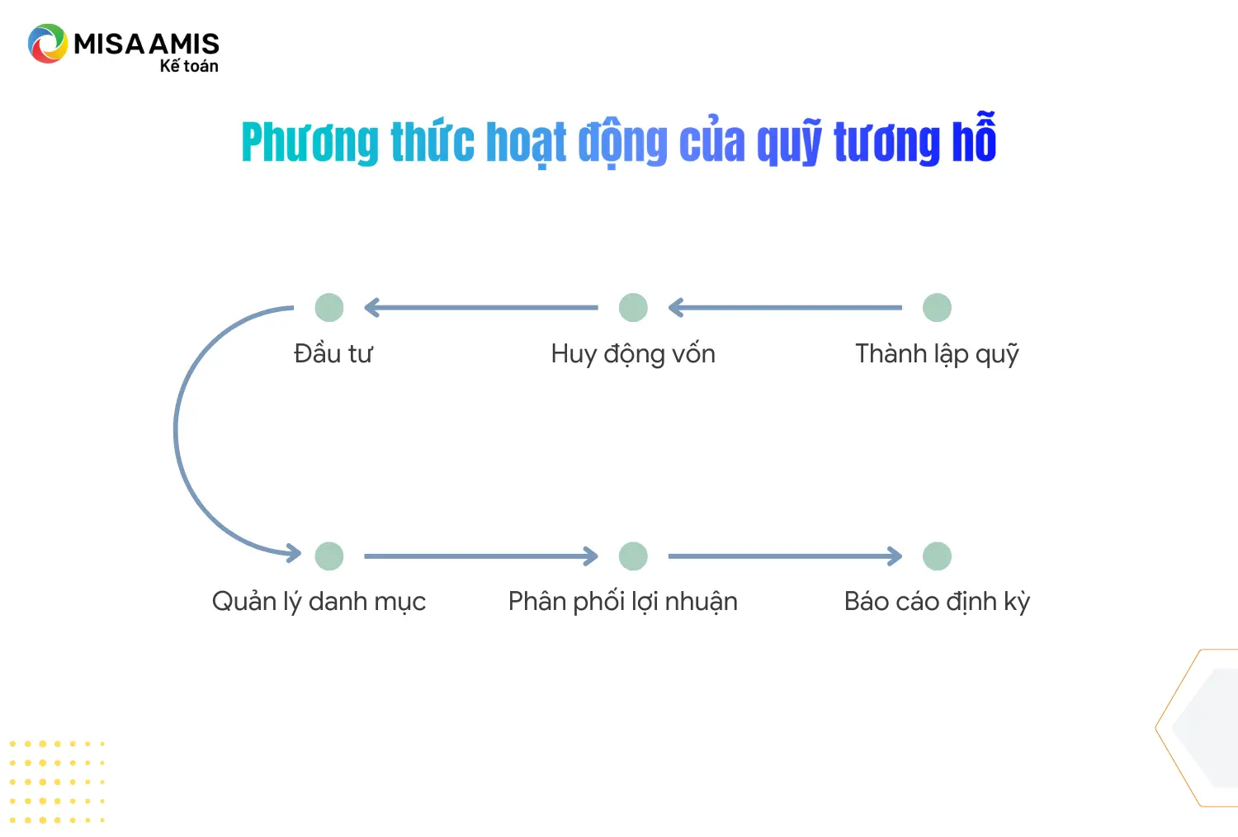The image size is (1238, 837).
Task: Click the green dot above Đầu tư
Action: click(x=329, y=308)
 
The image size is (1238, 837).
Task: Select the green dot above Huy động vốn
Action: click(x=633, y=308)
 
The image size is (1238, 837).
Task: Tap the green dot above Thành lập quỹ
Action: click(x=937, y=308)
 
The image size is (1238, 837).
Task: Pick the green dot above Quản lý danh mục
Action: click(x=329, y=556)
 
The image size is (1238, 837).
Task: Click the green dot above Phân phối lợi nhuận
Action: click(x=633, y=556)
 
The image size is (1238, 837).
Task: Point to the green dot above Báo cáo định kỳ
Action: click(x=937, y=556)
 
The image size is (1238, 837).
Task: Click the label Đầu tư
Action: click(x=333, y=354)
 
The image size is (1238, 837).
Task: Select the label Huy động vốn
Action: click(x=633, y=354)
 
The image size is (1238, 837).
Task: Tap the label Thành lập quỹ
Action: click(x=937, y=354)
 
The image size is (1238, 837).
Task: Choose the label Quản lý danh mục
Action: click(x=319, y=602)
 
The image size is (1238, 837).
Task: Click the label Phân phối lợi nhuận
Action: click(x=622, y=602)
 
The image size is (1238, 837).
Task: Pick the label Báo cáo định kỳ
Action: click(x=937, y=602)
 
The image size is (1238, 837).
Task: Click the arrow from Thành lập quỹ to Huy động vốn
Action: click(x=784, y=308)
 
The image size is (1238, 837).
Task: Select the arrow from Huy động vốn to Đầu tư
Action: click(x=480, y=308)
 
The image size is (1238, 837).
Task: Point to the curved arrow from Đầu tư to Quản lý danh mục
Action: click(x=177, y=429)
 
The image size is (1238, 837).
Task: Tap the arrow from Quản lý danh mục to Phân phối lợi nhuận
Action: click(x=480, y=556)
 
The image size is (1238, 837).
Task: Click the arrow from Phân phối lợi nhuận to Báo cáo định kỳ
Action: click(x=784, y=556)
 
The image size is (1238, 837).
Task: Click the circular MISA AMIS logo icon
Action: click(x=47, y=44)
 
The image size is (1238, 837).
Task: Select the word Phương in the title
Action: click(x=309, y=143)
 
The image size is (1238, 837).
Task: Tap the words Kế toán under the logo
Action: click(x=189, y=66)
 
